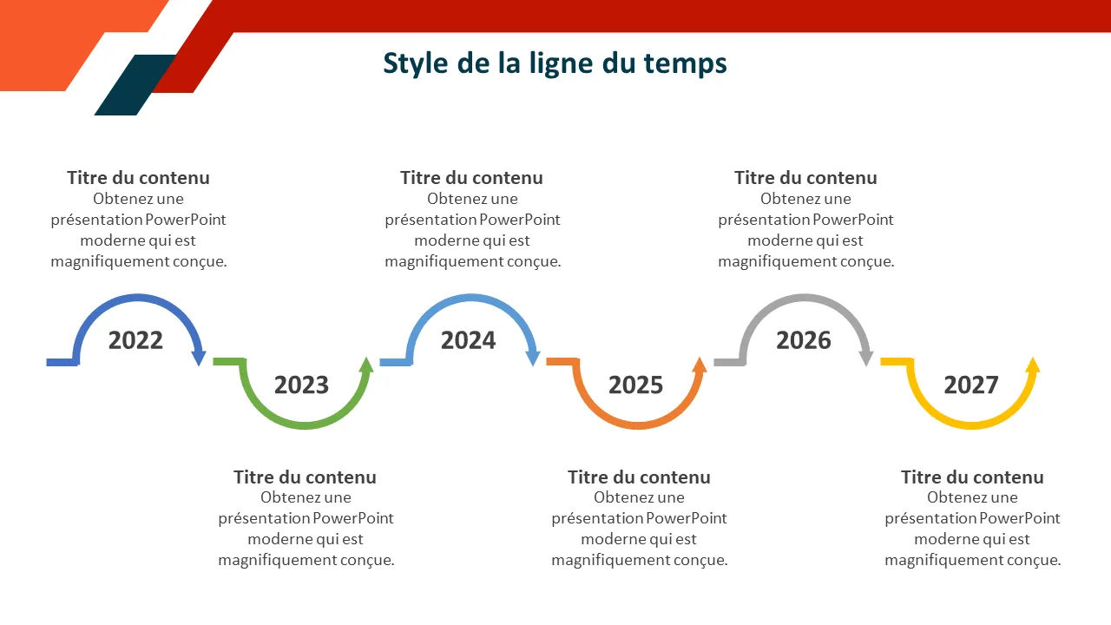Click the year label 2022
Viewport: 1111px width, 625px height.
pos(135,340)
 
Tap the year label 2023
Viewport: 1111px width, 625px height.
pos(301,385)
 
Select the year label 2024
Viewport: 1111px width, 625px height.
pos(468,340)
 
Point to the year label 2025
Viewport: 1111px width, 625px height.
pos(636,385)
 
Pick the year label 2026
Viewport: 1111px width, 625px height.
pos(804,340)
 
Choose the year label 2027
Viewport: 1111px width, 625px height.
pos(971,385)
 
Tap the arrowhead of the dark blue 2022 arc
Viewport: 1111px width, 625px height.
pos(199,358)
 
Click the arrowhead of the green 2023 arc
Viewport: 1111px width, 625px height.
pos(366,365)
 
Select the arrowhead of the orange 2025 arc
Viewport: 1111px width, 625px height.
pos(700,365)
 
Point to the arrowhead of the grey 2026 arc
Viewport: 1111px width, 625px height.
pos(866,358)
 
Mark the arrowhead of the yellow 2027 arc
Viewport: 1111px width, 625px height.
pos(1033,365)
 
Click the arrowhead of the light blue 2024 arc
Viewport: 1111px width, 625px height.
pos(533,358)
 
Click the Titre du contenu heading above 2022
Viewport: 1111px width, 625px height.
pos(138,178)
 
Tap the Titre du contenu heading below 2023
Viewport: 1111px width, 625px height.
pos(305,477)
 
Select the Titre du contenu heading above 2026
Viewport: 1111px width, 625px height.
pos(805,178)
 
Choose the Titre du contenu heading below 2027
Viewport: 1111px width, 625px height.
pos(972,477)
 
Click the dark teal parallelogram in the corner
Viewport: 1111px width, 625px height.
pos(135,85)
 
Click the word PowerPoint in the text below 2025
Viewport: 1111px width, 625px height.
pos(687,518)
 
